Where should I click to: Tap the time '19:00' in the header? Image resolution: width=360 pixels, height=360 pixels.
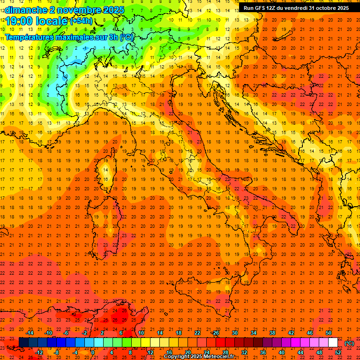point(20,21)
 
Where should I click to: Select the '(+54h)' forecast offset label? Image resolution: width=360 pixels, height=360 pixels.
point(81,21)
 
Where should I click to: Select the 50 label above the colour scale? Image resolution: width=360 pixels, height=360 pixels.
point(329,333)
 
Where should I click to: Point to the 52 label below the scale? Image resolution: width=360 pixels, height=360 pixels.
point(338,352)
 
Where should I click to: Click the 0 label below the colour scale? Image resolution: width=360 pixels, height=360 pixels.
point(93,352)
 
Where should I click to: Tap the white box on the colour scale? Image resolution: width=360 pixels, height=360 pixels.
point(333,343)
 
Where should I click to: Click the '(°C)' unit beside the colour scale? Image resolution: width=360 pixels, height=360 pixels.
point(349,343)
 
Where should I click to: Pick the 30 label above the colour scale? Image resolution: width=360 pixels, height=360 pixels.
point(234,333)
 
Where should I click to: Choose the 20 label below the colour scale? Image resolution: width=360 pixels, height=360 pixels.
point(187,352)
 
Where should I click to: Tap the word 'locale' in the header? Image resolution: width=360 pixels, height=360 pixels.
point(51,21)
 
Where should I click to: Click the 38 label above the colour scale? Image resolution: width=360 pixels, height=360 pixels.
point(272,333)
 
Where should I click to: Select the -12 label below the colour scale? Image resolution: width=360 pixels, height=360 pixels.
point(39,352)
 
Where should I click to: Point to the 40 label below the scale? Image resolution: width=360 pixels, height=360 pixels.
point(282,352)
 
